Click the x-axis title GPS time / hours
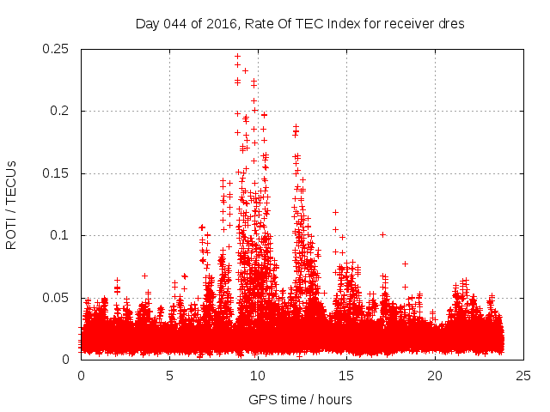[300, 399]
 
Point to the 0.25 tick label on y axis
[57, 49]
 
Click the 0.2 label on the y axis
[62, 112]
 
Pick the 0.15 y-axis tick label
[57, 173]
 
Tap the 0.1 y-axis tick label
[62, 236]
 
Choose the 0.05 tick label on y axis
[57, 298]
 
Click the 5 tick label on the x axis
[169, 375]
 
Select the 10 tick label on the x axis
[258, 375]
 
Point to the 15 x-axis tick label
[346, 375]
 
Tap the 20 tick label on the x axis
[435, 375]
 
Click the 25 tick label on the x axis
[523, 375]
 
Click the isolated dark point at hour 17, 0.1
[382, 234]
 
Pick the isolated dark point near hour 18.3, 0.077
[405, 264]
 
